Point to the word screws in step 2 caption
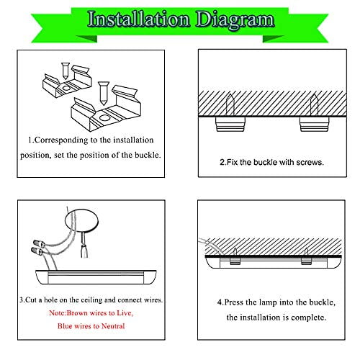[307, 162]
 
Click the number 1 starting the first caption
[30, 139]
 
